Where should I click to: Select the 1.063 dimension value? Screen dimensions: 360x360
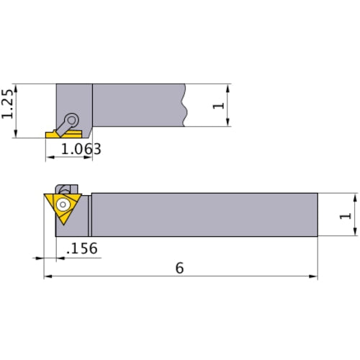pos(80,149)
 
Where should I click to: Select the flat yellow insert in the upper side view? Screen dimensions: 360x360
pos(55,133)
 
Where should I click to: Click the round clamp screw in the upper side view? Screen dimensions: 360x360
pos(72,120)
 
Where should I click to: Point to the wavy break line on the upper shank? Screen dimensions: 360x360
pos(186,105)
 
